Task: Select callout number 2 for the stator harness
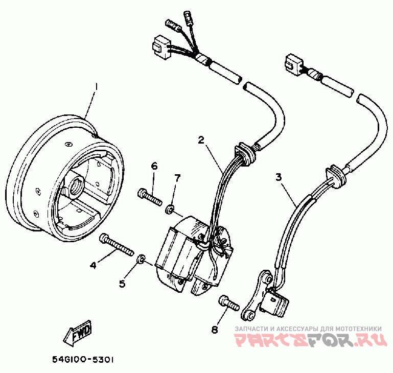(x=202, y=139)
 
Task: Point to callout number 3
(x=279, y=177)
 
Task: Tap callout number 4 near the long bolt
(x=94, y=264)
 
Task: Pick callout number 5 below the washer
(x=123, y=284)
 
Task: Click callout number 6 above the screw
(x=154, y=166)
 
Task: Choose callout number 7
(x=177, y=178)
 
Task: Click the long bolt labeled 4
(x=118, y=245)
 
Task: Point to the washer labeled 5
(x=140, y=261)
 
